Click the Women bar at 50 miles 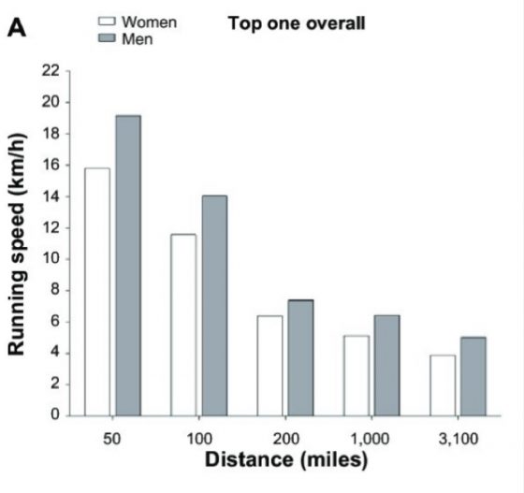[x=97, y=291]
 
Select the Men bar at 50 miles [x=127, y=265]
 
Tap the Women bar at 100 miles [x=183, y=324]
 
